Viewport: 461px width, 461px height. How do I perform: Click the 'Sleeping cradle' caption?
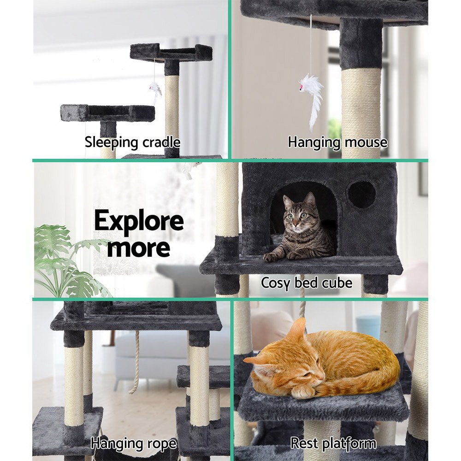132,142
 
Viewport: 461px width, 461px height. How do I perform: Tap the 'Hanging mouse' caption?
337,142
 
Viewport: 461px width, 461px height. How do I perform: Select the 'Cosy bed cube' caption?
307,282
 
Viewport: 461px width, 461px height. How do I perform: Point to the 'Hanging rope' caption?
133,443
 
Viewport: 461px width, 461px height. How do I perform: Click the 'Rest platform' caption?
333,443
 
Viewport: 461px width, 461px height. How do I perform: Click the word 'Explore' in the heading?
139,222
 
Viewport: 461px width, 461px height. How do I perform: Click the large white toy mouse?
312,95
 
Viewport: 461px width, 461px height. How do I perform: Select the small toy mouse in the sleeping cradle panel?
155,89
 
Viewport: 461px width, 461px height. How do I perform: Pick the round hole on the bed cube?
361,194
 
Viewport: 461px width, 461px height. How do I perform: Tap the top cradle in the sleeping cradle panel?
171,53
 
